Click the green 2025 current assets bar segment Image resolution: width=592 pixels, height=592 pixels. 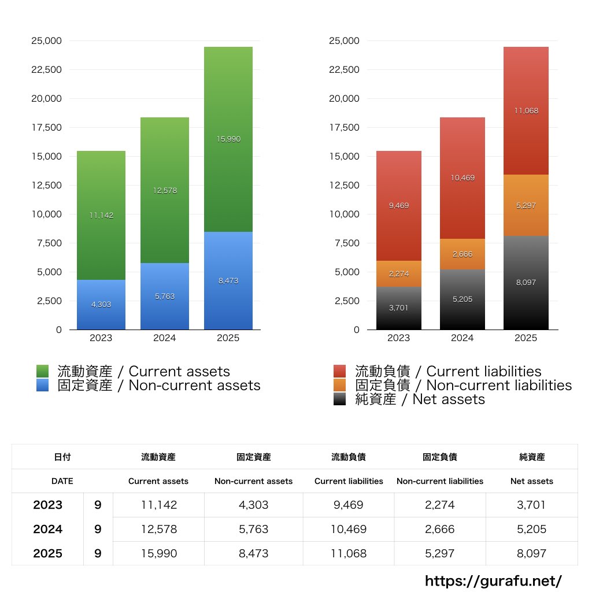(228, 173)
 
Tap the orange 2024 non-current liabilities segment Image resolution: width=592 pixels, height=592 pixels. (462, 254)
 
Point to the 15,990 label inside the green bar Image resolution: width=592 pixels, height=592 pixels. (228, 139)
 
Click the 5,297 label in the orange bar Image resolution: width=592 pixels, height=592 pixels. (526, 205)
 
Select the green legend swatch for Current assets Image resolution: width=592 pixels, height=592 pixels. (42, 371)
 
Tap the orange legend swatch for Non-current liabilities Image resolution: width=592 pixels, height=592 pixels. (340, 386)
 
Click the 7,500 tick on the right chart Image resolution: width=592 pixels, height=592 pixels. (346, 243)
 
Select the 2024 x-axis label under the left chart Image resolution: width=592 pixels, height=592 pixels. (164, 338)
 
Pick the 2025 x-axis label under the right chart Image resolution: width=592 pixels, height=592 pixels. (526, 338)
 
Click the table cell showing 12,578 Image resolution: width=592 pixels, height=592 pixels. (158, 529)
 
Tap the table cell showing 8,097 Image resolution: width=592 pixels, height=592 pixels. (532, 553)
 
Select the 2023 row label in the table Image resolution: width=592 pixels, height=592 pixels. (47, 505)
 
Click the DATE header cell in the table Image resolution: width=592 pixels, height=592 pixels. (62, 481)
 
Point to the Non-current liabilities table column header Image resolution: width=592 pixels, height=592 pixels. (440, 481)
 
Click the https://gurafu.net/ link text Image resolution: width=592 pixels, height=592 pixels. (493, 580)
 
